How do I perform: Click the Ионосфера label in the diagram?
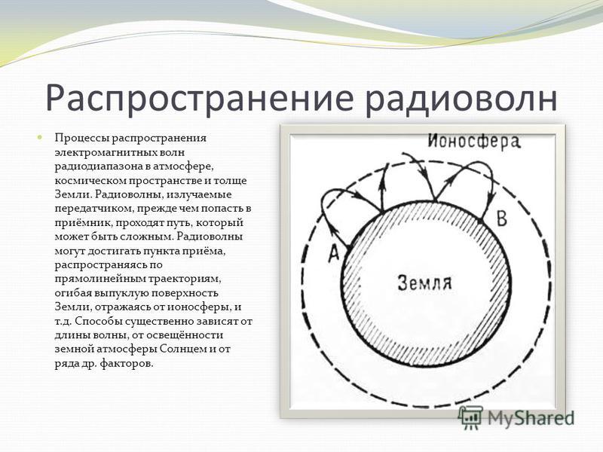[x=475, y=141]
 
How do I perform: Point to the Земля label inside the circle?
[x=425, y=282]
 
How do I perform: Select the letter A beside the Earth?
[x=334, y=253]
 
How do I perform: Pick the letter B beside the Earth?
[x=502, y=218]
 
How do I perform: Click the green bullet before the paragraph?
[x=39, y=137]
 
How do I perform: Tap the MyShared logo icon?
[x=470, y=417]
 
